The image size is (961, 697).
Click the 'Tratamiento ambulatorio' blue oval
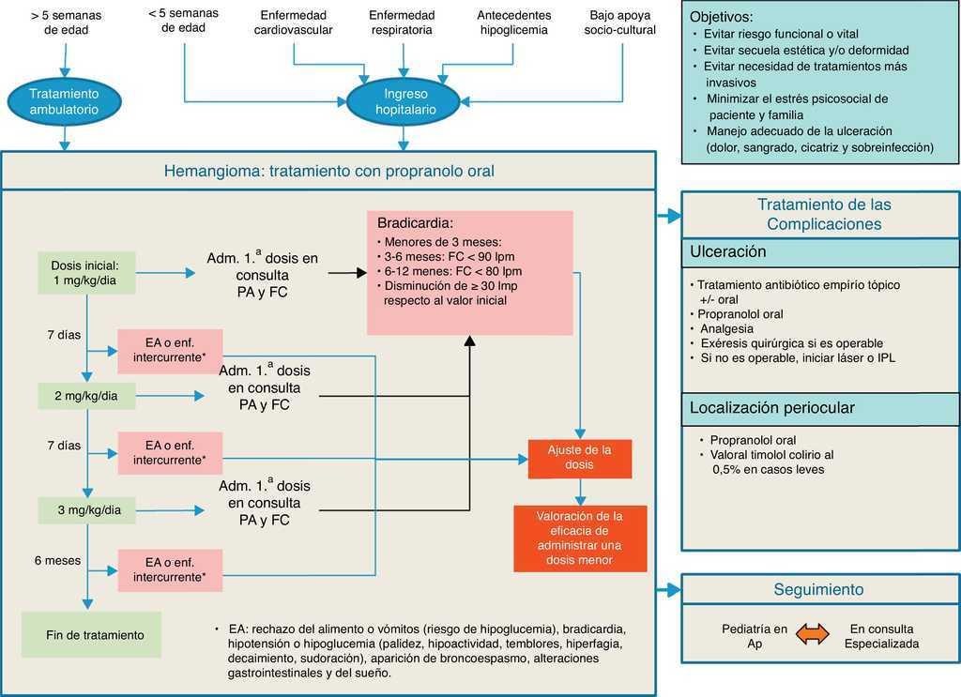point(64,101)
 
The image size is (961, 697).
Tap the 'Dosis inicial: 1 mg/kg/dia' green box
point(85,272)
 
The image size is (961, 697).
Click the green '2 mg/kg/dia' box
point(85,396)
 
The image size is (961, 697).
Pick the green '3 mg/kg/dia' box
point(85,510)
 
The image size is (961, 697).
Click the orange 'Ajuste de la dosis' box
point(579,458)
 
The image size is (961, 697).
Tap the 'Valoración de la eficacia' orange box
point(579,538)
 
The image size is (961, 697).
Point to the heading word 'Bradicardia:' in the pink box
point(415,224)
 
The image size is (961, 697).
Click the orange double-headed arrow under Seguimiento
point(813,635)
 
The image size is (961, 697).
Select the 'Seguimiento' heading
point(818,589)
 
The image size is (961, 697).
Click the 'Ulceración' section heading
point(728,251)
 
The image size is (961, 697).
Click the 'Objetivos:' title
point(721,17)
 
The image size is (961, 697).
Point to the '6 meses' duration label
point(57,560)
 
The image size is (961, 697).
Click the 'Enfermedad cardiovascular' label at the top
point(294,23)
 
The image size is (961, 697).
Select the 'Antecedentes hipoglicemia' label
point(514,23)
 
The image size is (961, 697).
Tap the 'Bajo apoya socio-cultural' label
point(620,23)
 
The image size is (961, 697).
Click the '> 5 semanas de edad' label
point(65,23)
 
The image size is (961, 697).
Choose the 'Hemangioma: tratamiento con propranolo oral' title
point(328,171)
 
